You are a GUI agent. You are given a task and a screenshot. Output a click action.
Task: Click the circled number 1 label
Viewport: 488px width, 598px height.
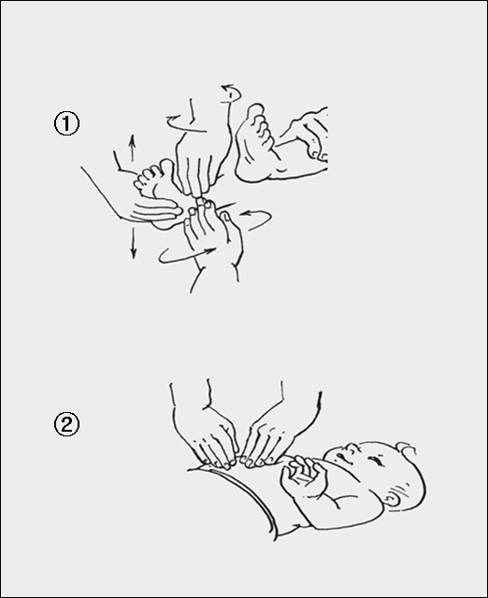(66, 123)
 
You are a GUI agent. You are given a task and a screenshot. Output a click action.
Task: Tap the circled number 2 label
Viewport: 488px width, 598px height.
(66, 424)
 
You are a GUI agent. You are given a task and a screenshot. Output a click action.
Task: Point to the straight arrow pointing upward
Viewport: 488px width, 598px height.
(133, 148)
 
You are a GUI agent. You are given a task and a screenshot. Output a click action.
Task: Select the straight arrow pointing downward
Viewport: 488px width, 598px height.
(133, 243)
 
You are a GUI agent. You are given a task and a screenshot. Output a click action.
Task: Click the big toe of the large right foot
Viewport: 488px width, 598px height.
(255, 112)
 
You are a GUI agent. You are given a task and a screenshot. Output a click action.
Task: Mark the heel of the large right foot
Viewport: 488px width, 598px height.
(247, 172)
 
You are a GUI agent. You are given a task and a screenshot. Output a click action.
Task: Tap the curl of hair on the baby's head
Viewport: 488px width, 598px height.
(405, 449)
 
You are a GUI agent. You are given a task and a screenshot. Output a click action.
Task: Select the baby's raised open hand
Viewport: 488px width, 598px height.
(304, 476)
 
